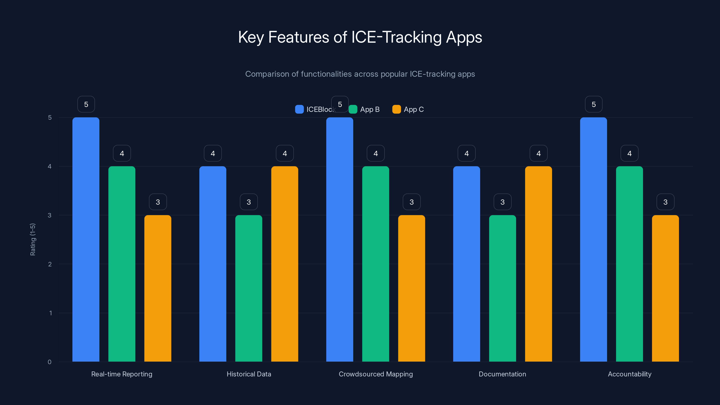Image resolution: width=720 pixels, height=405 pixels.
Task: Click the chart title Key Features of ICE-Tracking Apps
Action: coord(360,37)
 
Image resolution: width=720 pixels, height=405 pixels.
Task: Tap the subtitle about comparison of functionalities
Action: coord(360,74)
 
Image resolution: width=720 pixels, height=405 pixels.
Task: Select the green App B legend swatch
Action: coord(353,109)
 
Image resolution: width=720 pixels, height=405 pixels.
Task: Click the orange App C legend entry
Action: coord(408,109)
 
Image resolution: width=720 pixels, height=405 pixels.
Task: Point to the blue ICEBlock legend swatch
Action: coord(299,109)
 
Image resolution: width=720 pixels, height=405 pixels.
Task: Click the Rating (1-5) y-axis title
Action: coord(33,240)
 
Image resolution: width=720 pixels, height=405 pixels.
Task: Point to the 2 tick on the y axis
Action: coord(50,264)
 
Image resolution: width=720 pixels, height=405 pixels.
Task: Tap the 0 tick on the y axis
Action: coord(49,362)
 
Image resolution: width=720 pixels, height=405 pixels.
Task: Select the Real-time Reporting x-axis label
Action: coord(122,374)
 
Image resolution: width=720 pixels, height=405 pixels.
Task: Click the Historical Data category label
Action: coord(249,374)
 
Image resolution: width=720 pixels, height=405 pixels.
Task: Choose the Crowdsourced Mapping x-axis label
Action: coord(376,374)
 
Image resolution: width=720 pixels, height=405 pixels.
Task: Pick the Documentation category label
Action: coord(502,374)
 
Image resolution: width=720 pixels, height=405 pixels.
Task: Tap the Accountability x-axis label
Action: coord(630,374)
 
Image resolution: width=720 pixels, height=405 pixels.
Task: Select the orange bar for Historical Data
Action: coord(285,264)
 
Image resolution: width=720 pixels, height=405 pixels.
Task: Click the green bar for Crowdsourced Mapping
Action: coord(376,264)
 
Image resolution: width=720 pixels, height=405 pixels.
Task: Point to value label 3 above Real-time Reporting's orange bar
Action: coord(158,202)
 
